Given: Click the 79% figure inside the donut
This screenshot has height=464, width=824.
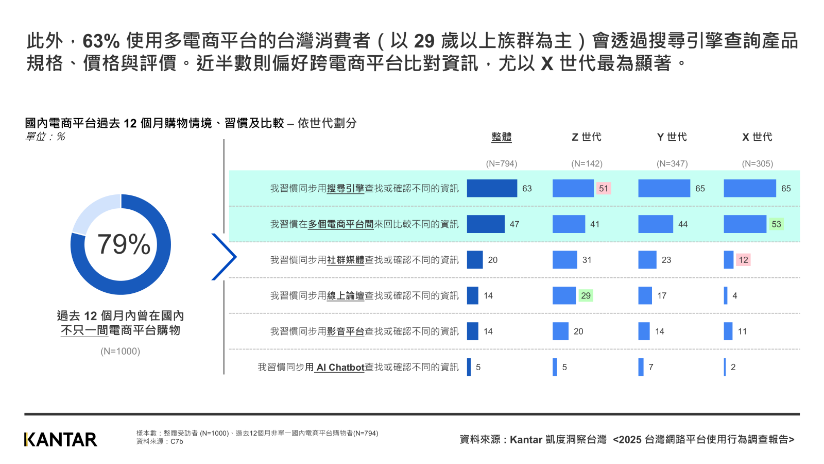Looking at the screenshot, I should coord(124,244).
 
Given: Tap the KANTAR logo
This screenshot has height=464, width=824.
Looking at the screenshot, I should coord(60,439).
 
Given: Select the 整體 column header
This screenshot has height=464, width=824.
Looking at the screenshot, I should coord(501,137).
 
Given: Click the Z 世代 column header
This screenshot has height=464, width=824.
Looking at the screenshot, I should coord(587,137).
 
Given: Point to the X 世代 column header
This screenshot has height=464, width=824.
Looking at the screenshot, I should coord(757,137).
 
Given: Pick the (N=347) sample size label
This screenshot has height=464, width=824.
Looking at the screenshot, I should coord(672,163).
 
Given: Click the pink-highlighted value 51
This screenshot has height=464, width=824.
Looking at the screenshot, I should coord(603,189).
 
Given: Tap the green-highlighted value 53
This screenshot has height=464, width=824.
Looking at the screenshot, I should coord(776,224).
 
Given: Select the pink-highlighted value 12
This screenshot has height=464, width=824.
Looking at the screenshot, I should coord(743,260).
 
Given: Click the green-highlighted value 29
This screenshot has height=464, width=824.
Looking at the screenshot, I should coord(586,296).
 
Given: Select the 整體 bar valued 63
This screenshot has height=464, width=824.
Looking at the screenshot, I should coord(492,188).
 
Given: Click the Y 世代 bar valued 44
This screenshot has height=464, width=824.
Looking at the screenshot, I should coord(656,224).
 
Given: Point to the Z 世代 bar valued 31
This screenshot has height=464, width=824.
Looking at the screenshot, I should coord(564,260).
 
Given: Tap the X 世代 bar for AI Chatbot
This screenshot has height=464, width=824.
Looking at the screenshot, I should coord(725,367).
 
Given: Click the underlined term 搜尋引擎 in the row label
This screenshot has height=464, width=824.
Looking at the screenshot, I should coord(346,189).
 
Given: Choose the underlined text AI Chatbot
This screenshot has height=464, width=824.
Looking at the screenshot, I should coord(340,368).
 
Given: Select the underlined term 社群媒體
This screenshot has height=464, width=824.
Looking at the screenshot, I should coord(346,260).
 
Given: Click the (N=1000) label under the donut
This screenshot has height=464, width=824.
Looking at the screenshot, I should coord(121,352).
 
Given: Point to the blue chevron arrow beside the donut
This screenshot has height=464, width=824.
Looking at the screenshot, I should coord(225,257).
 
